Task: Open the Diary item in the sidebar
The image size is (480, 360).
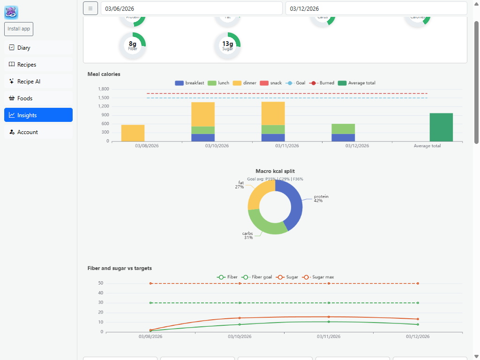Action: [38, 48]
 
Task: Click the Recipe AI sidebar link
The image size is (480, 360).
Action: [38, 82]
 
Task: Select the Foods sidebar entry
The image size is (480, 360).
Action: [38, 98]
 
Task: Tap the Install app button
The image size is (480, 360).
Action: [19, 29]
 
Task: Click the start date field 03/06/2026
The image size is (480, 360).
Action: [191, 8]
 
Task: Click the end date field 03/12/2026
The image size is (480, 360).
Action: [376, 8]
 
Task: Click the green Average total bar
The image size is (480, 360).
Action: [441, 127]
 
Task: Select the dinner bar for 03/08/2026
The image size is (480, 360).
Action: [133, 133]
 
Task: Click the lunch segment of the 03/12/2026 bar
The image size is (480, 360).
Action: [343, 129]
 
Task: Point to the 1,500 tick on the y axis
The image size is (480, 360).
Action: [104, 97]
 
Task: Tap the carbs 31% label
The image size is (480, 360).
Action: [248, 235]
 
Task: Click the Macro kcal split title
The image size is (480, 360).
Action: [275, 171]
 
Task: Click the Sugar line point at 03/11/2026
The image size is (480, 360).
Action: [329, 317]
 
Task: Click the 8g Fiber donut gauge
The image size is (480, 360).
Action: [133, 46]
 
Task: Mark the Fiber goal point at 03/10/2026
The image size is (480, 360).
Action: [240, 303]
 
